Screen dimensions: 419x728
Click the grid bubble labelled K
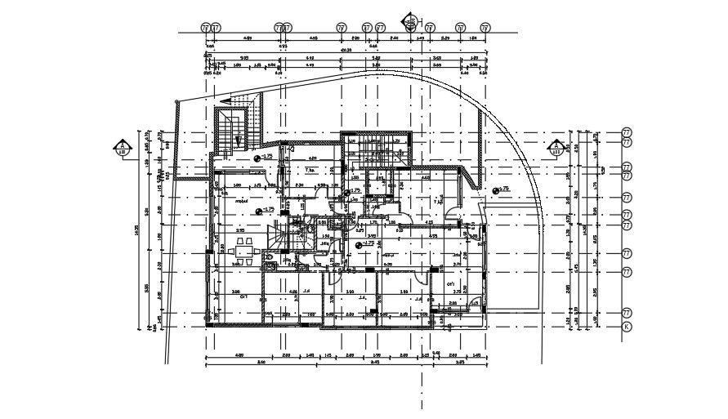click(x=628, y=326)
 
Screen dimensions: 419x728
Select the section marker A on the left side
click(x=122, y=148)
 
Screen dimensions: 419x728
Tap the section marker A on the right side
click(x=556, y=148)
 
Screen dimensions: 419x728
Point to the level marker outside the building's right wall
click(x=495, y=190)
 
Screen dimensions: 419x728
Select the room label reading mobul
click(x=242, y=199)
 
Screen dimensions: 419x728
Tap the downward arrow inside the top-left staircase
click(x=237, y=140)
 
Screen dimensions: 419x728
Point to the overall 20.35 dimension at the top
click(x=346, y=50)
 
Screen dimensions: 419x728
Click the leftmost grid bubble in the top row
click(x=205, y=28)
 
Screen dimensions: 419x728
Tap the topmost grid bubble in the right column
click(x=628, y=131)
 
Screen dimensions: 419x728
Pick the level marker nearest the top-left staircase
click(x=258, y=157)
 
